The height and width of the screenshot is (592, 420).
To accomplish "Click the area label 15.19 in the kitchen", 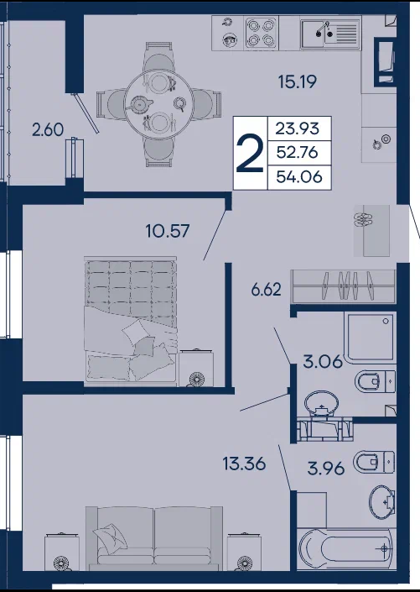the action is pos(297,81).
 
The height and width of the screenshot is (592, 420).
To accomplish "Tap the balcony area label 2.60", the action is pos(48,129).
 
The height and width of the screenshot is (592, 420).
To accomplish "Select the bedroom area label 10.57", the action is pos(168,231).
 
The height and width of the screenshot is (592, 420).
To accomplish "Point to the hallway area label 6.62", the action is pos(267,290).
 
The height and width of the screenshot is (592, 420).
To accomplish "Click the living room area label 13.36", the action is pos(244,464).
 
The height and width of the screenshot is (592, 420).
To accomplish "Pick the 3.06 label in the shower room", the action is pos(323,362).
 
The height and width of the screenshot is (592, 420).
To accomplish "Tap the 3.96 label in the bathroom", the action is pos(326,469).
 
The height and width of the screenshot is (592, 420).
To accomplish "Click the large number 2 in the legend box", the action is pos(250,154).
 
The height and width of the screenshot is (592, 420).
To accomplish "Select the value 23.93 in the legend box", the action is pos(298,128).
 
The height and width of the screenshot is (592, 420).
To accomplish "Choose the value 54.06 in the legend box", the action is pos(299,176).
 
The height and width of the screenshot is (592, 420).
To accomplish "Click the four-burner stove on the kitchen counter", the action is pos(261,33).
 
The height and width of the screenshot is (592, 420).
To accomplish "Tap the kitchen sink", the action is pos(330,34).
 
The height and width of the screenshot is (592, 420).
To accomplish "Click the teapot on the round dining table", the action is pos(139,102).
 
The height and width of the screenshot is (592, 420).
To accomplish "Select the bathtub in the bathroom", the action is pos(346,549).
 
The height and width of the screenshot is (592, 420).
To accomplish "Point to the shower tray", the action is pos(371,337).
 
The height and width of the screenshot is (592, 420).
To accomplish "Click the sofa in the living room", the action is pos(154,537).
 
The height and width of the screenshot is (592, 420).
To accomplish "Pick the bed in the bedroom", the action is pos(131,322).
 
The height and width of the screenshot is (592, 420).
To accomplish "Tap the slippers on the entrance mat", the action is pos(364,219).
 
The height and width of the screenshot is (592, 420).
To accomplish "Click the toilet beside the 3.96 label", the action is pos(374,461).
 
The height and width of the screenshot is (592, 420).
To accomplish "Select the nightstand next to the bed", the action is pos(196,368).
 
